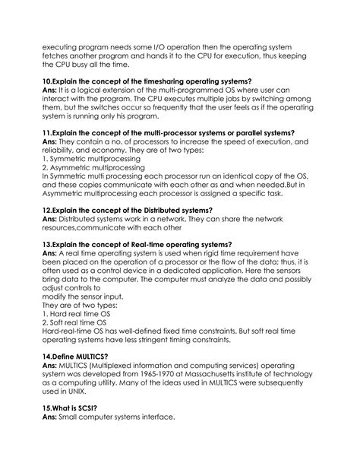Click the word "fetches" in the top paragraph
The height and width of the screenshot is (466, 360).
[60, 58]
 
